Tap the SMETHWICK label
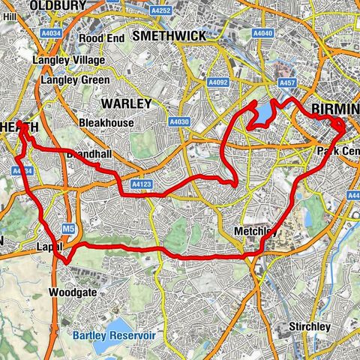tap(167, 34)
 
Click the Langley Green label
tap(76, 80)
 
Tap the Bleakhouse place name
tap(106, 122)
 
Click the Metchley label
tap(255, 232)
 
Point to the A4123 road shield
tap(142, 183)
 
